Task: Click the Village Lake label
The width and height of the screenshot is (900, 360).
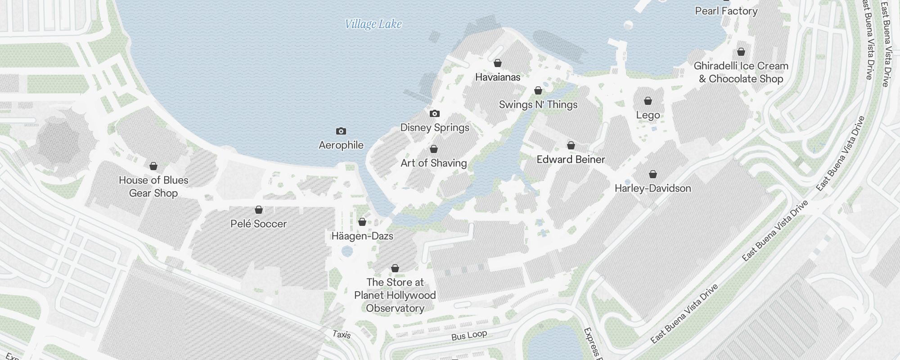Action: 373,24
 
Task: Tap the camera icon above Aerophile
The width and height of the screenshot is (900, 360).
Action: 341,131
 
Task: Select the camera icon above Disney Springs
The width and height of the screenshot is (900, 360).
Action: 434,113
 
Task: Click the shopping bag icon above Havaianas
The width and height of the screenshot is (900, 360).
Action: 498,63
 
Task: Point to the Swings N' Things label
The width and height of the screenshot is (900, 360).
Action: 538,105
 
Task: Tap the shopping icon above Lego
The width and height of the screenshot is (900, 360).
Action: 648,101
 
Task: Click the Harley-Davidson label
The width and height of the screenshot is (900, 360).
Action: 652,188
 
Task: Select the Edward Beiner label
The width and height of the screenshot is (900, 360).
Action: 571,159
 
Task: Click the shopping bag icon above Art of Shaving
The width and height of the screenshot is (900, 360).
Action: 434,149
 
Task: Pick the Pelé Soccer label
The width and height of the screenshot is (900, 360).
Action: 258,224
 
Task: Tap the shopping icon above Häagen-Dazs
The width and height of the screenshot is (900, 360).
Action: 362,222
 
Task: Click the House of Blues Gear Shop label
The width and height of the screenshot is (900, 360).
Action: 153,186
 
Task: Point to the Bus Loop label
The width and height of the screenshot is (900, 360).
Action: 469,336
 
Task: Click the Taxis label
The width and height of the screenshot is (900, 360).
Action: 341,334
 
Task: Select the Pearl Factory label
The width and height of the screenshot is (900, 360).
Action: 726,11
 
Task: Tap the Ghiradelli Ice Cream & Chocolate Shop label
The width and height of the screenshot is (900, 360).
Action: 741,72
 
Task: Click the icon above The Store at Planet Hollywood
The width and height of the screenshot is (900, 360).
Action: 395,269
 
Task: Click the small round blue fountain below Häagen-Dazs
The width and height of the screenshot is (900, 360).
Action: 347,251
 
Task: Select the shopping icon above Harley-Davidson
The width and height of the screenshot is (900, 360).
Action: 653,174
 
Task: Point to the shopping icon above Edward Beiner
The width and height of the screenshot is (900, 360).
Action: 571,145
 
